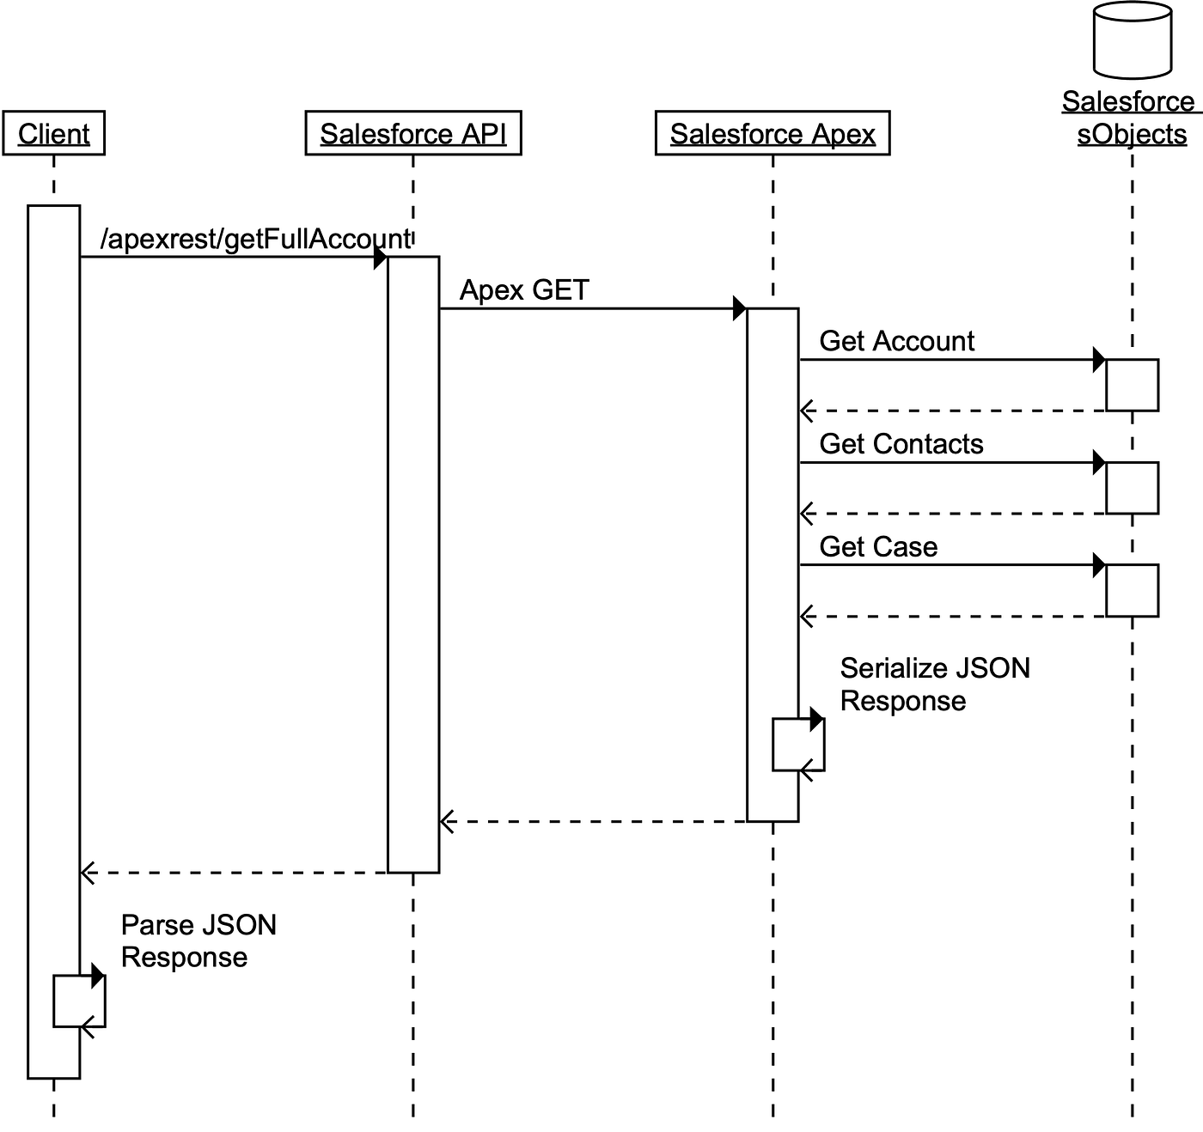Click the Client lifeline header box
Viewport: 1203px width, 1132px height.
click(53, 133)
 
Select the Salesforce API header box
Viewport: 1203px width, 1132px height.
click(412, 133)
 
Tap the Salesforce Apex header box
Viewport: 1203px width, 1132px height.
click(772, 133)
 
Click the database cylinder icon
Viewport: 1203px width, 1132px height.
click(1132, 40)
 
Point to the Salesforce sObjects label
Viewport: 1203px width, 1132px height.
click(1130, 118)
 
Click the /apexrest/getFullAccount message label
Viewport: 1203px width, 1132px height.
click(255, 239)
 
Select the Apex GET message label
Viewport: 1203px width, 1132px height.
click(524, 290)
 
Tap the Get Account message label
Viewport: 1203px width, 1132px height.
click(896, 341)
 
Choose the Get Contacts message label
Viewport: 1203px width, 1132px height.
click(901, 444)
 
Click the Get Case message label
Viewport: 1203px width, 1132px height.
click(878, 547)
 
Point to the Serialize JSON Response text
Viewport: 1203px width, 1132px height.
click(934, 685)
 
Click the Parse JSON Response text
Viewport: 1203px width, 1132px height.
click(198, 940)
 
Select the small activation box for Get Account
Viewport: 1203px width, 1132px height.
click(1132, 385)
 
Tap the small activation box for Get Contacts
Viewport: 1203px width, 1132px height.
click(1132, 488)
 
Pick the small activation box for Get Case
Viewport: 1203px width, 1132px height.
click(1132, 591)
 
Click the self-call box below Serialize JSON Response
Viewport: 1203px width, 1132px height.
click(798, 745)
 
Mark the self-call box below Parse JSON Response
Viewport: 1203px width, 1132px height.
click(79, 1001)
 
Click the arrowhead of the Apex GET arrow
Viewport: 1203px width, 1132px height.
click(739, 308)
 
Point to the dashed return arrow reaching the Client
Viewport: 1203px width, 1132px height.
click(232, 873)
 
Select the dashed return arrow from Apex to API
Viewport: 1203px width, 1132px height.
click(593, 822)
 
